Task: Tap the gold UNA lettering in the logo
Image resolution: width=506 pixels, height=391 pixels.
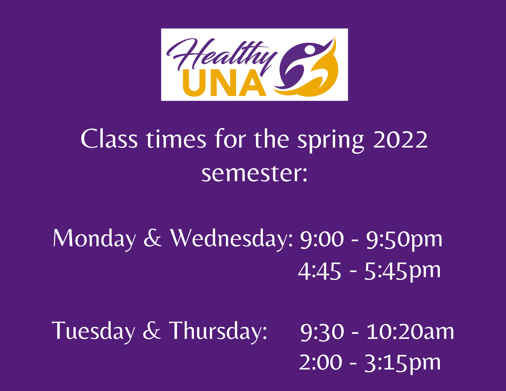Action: pyautogui.click(x=225, y=83)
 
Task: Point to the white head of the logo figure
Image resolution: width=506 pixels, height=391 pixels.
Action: pyautogui.click(x=309, y=50)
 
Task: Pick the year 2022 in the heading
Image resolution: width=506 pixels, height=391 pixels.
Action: pyautogui.click(x=400, y=139)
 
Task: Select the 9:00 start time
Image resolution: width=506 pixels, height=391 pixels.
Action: pyautogui.click(x=322, y=239)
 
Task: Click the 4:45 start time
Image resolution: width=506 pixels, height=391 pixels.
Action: pyautogui.click(x=320, y=271)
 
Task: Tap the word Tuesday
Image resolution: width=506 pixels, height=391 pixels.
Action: pyautogui.click(x=93, y=332)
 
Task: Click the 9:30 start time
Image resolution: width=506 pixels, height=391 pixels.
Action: pyautogui.click(x=322, y=332)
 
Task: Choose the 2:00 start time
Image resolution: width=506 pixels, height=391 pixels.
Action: pyautogui.click(x=321, y=362)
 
